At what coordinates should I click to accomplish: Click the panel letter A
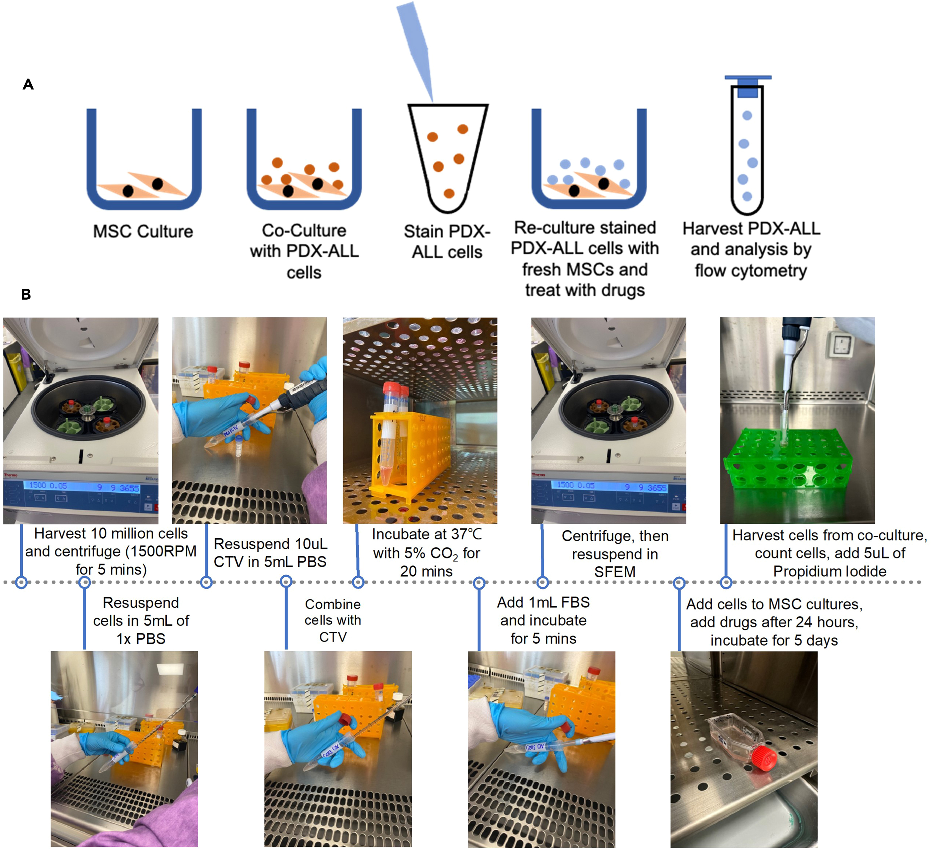[28, 85]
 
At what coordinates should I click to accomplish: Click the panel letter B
[26, 294]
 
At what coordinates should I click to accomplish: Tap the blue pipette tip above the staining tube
[416, 46]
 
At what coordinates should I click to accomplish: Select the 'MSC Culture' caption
[143, 231]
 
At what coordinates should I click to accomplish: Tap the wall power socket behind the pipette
[842, 344]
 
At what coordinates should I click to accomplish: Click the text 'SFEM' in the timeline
[615, 572]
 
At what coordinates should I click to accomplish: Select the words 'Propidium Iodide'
[830, 572]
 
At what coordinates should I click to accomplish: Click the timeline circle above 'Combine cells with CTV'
[286, 582]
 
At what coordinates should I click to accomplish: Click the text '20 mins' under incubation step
[426, 572]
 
